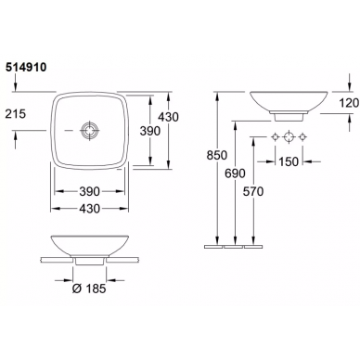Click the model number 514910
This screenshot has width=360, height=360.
pos(26,67)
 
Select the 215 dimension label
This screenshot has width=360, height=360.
pos(16,114)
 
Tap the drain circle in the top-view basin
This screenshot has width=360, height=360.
pos(89,131)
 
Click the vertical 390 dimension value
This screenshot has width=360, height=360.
pos(150,131)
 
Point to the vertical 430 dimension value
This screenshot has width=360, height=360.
pos(168,117)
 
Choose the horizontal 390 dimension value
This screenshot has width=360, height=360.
pos(90,191)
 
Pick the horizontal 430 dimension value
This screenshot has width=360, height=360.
pos(90,209)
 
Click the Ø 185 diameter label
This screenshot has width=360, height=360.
pos(89,289)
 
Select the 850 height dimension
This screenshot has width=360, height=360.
pos(217,155)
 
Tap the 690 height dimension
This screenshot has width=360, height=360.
pos(235,174)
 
